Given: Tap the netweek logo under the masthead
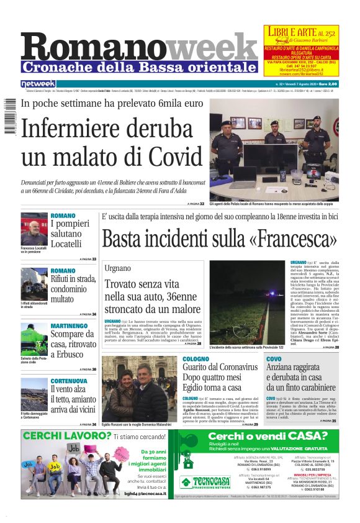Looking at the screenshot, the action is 38,84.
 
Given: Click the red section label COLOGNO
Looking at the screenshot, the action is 196,359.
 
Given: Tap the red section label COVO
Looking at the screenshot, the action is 274,359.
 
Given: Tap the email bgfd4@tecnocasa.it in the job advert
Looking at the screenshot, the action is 145,493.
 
